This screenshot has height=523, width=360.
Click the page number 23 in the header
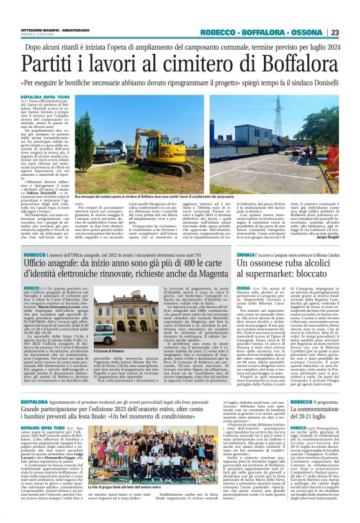(x=352, y=32)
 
